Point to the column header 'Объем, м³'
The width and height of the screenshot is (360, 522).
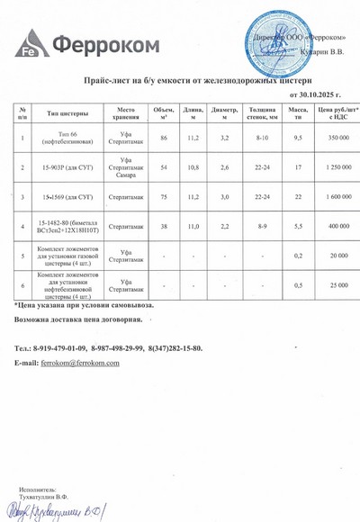pos(164,113)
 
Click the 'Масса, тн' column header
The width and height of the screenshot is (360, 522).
pos(298,113)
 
